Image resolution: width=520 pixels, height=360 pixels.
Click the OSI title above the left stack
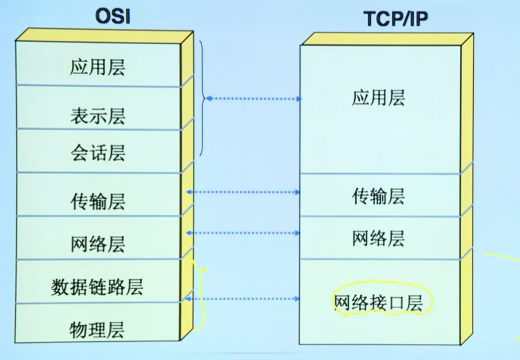point(113,16)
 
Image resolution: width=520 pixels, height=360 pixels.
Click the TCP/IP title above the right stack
point(395,19)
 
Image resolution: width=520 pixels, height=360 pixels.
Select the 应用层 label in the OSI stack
point(97,67)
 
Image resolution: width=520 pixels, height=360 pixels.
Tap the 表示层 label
point(98,116)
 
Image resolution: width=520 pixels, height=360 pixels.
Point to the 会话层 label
point(98,153)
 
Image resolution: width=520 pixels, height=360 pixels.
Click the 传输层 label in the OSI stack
point(98,201)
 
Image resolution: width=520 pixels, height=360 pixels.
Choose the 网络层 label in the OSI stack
point(98,245)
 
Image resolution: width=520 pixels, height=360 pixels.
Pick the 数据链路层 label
point(97,287)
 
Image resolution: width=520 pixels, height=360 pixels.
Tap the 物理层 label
point(97,330)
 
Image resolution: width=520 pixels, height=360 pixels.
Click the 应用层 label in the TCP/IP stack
point(378,98)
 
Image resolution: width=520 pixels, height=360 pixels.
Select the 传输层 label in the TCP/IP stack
point(378,196)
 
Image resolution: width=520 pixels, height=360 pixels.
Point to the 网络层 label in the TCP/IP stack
point(378,238)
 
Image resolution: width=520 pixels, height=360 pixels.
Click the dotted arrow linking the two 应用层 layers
point(254,98)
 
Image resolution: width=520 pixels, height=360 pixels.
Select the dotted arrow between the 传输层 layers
point(243,192)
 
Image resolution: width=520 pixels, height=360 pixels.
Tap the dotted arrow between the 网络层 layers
point(243,233)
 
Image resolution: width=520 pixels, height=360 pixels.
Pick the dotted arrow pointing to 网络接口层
point(242,299)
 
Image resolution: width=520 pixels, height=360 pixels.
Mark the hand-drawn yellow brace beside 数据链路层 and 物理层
point(201,295)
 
